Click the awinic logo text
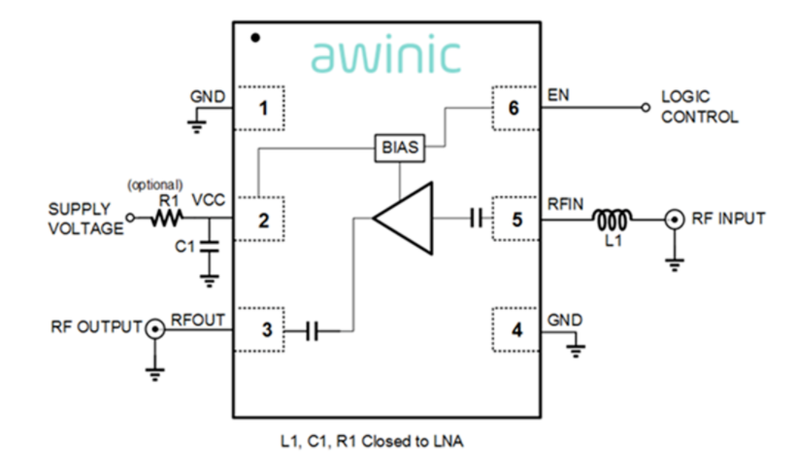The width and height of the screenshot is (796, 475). tap(385, 55)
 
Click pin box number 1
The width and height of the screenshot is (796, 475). tap(262, 108)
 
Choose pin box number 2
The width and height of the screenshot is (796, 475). tap(262, 220)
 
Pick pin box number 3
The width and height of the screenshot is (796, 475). tap(262, 331)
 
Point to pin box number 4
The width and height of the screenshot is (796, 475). tap(515, 331)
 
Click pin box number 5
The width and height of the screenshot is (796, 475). tap(515, 220)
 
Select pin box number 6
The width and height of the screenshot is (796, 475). tap(515, 108)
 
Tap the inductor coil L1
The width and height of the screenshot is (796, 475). tap(614, 219)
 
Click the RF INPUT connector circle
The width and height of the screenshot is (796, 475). tap(673, 220)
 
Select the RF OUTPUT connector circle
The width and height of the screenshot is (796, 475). tap(153, 331)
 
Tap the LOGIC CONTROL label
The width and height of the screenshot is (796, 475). tap(699, 107)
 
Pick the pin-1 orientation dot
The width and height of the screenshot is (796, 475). tap(254, 38)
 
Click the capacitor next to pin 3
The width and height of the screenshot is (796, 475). tap(312, 331)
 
